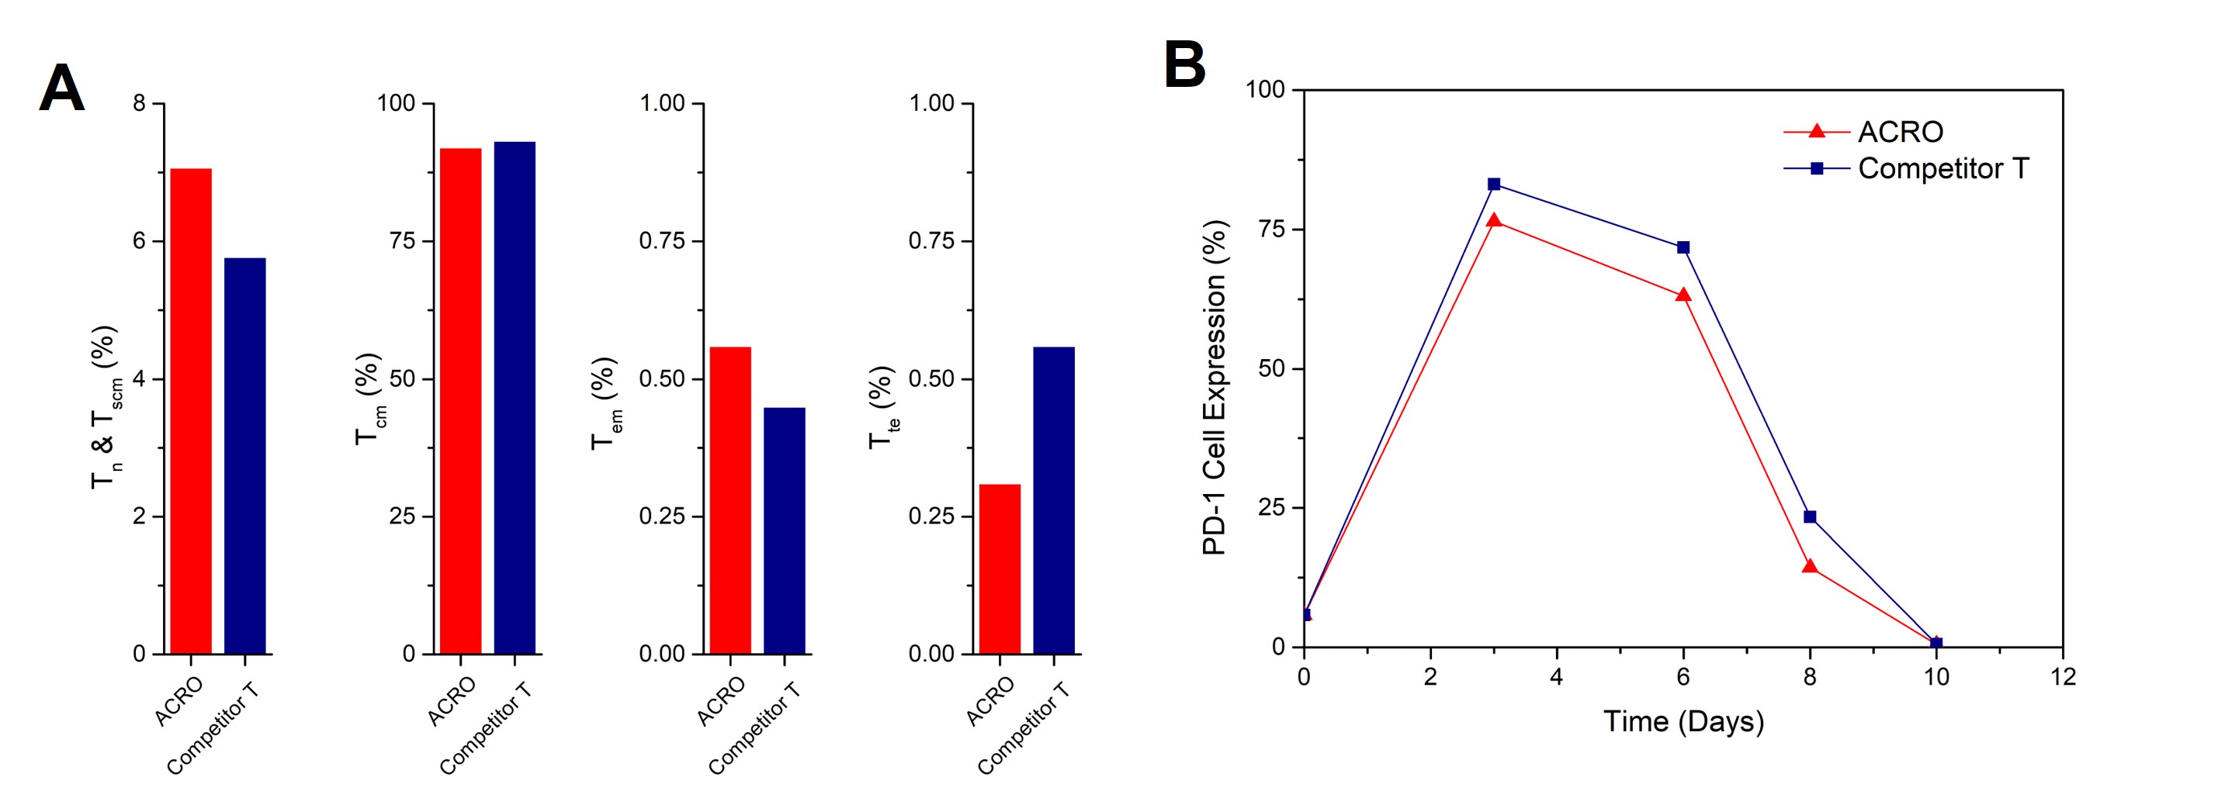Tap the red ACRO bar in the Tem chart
click(x=730, y=500)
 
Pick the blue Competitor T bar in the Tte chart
click(x=1053, y=500)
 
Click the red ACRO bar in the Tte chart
click(x=1000, y=569)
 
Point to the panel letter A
click(x=62, y=88)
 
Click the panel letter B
click(x=1184, y=65)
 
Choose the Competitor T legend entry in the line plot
click(x=1942, y=169)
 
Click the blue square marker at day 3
click(x=1494, y=185)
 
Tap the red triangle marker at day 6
click(x=1683, y=295)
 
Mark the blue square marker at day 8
click(x=1810, y=516)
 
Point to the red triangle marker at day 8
click(x=1810, y=566)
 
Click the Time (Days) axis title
click(x=1683, y=721)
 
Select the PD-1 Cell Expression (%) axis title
click(x=1214, y=387)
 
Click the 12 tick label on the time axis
click(x=2063, y=677)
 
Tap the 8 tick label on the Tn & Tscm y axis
click(x=140, y=103)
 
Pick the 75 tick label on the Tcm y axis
click(x=402, y=241)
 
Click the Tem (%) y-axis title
click(x=605, y=402)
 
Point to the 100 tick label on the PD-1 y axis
click(x=1265, y=89)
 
